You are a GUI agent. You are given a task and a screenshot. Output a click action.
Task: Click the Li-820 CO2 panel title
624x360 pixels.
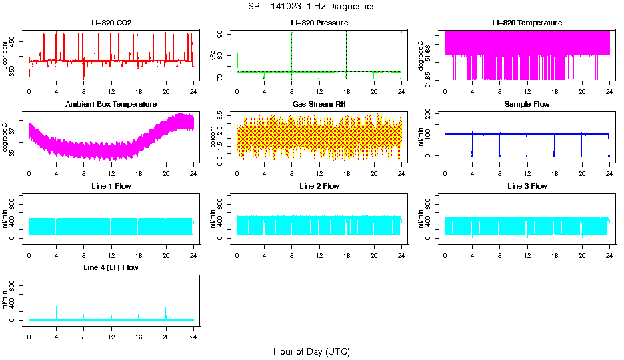[111, 23]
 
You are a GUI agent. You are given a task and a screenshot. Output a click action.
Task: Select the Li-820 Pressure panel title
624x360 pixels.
[319, 23]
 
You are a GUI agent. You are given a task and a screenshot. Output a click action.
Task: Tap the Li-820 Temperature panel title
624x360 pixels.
[527, 23]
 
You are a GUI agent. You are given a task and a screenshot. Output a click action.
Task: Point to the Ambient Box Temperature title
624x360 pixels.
[111, 105]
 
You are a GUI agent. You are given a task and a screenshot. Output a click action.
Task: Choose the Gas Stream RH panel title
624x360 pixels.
[319, 105]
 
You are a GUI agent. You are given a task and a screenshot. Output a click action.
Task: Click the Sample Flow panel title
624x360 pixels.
[527, 105]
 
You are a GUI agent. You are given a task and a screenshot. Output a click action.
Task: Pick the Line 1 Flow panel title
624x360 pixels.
[111, 186]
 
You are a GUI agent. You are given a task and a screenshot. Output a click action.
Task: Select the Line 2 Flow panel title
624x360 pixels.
[319, 186]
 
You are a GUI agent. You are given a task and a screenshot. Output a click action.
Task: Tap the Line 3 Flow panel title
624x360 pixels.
[527, 186]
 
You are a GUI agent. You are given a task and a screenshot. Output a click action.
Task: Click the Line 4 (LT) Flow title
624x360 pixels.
[111, 267]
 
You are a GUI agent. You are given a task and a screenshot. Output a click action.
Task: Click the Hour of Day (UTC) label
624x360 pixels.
[311, 351]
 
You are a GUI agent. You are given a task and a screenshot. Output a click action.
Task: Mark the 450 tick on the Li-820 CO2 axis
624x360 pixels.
[13, 41]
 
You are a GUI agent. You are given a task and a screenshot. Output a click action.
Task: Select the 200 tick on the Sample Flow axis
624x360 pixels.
[429, 115]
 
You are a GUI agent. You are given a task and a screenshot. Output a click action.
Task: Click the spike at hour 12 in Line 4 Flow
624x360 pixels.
[111, 309]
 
